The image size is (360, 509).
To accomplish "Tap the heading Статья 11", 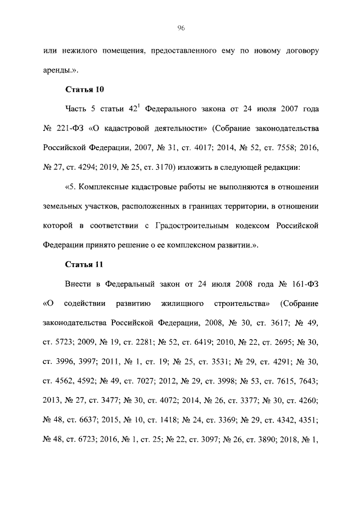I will pos(85,265).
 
